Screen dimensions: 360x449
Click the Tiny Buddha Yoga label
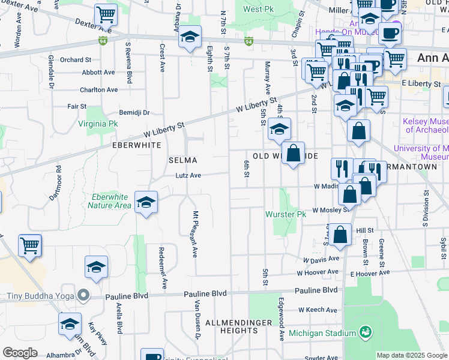(40, 296)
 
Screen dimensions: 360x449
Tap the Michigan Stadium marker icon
(364, 332)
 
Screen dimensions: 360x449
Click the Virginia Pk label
(98, 125)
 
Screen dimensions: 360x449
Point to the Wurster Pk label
(286, 214)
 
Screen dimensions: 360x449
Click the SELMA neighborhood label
(182, 160)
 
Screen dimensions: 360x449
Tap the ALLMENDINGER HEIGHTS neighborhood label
(231, 326)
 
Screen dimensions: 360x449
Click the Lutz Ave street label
(188, 175)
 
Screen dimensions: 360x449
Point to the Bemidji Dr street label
(134, 112)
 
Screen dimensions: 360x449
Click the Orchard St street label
(75, 60)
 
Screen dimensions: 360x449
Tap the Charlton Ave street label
(99, 89)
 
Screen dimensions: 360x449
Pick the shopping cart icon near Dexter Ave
(106, 14)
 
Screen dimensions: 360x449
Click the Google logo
(20, 353)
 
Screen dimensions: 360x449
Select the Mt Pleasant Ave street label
(195, 235)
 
